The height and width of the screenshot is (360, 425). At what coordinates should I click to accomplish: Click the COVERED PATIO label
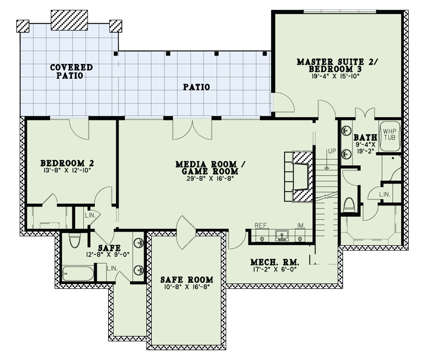(71, 71)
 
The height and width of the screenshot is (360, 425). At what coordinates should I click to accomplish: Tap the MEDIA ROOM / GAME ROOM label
(207, 167)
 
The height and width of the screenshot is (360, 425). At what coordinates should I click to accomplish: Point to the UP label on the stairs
(331, 151)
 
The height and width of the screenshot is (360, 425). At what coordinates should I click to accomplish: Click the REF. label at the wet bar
(262, 226)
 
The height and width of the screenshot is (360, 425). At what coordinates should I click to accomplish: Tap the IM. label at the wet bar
(300, 226)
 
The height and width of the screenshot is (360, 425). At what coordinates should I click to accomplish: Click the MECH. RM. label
(274, 262)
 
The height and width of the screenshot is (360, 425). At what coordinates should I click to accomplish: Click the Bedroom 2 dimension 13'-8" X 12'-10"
(67, 170)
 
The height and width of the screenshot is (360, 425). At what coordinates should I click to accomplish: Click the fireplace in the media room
(298, 177)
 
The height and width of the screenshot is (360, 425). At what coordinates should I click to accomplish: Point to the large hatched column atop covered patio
(69, 20)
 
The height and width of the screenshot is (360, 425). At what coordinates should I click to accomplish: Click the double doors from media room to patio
(192, 129)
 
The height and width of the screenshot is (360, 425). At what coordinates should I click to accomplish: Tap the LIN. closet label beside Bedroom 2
(90, 214)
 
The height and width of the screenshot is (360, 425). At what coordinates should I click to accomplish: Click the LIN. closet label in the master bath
(385, 194)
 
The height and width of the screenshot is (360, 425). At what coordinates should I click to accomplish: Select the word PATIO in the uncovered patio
(196, 87)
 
